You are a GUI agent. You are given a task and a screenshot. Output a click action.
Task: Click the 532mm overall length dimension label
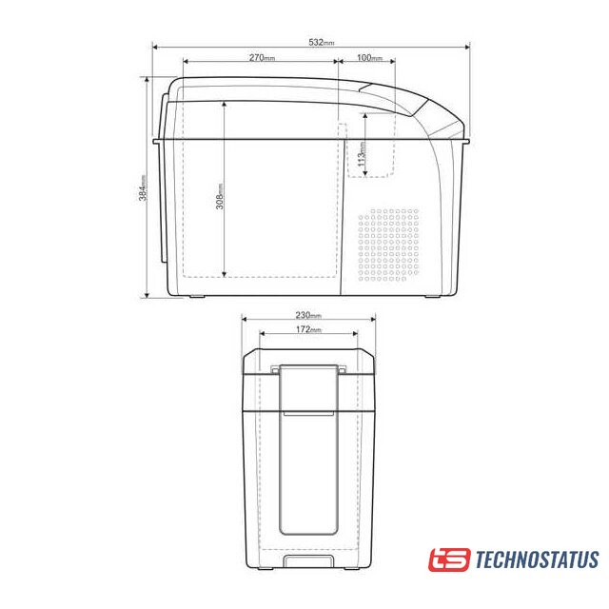322,42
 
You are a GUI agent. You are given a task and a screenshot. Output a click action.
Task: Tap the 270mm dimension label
263,57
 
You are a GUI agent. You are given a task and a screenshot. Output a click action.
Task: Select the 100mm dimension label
370,57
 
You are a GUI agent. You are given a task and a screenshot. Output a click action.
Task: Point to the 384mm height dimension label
143,188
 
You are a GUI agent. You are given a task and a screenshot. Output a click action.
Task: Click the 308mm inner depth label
220,197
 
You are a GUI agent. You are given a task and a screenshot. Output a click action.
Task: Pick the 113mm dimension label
362,154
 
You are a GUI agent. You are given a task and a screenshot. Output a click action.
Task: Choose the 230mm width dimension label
308,315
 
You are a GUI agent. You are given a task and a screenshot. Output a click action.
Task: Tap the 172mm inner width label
308,329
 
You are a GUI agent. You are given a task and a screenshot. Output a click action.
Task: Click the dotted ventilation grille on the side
388,245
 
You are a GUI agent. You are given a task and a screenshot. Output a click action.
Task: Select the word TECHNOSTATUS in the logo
537,560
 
